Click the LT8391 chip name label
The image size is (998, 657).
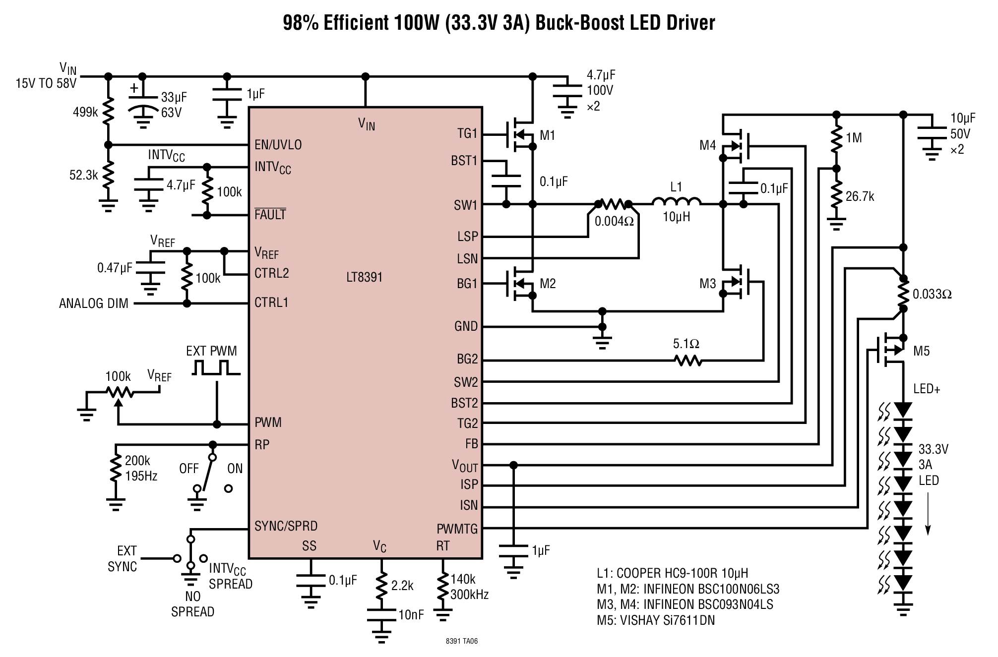[x=365, y=277]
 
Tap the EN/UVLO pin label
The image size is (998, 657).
[x=278, y=145]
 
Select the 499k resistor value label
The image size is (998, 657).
[x=85, y=112]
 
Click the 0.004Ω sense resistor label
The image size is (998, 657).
[x=614, y=221]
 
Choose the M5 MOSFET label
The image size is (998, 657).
[x=922, y=351]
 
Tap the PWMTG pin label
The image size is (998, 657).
[x=457, y=529]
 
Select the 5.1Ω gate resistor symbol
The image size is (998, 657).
[x=688, y=360]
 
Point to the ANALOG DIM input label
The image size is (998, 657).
[x=94, y=303]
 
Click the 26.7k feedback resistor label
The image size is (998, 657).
[x=860, y=196]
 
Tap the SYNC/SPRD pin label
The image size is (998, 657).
[x=286, y=526]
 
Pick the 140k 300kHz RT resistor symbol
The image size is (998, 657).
[x=442, y=587]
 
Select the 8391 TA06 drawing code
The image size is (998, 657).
[x=462, y=641]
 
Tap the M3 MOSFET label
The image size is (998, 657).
[x=708, y=284]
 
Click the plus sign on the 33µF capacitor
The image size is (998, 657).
[x=134, y=89]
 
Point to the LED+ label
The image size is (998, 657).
[x=927, y=389]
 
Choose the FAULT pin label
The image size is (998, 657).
[x=270, y=214]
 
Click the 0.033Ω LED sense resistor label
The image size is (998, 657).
[x=932, y=294]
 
